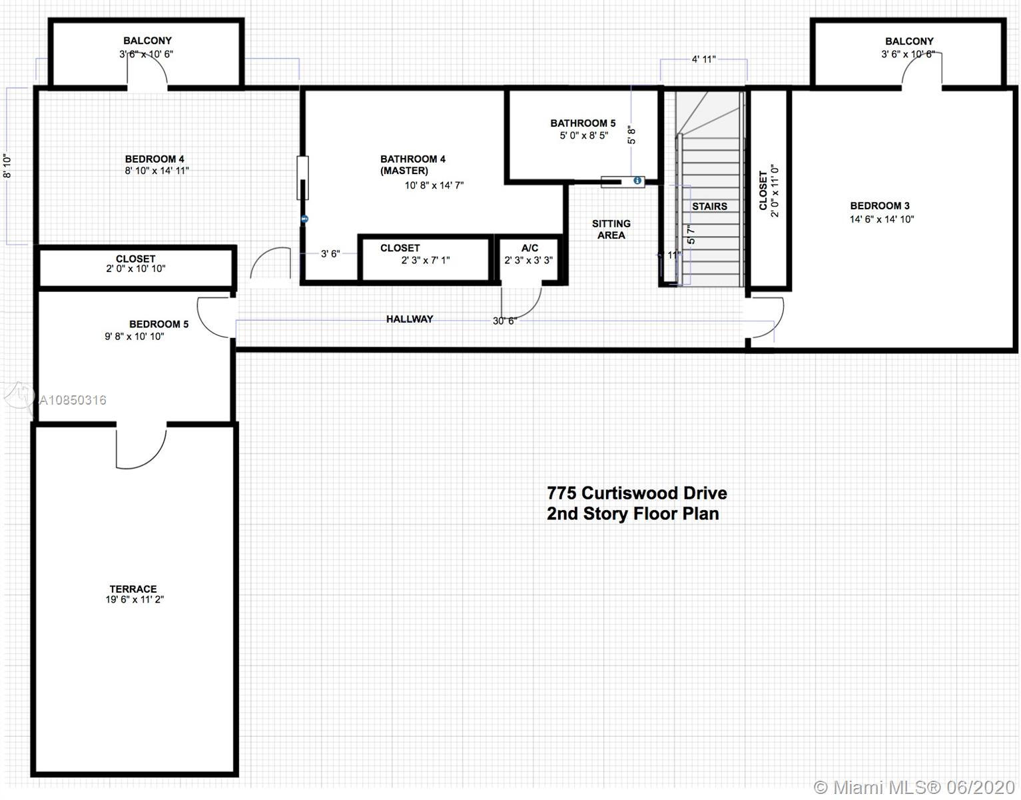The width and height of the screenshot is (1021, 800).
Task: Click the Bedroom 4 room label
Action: click(x=155, y=159)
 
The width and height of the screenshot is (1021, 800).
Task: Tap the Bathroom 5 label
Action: click(x=583, y=123)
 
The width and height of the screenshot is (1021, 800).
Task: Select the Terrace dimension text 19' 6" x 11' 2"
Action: click(x=135, y=599)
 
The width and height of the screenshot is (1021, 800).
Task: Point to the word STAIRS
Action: click(x=709, y=207)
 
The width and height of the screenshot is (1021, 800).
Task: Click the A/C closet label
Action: click(x=529, y=248)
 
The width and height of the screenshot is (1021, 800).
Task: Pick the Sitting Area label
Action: click(x=611, y=229)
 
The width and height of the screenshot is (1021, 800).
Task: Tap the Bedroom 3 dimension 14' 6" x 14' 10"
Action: click(x=882, y=219)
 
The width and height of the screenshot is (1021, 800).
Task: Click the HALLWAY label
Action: click(x=410, y=319)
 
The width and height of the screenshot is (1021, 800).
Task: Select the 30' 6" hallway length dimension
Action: click(x=505, y=321)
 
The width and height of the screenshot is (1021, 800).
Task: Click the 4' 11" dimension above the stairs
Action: click(x=704, y=59)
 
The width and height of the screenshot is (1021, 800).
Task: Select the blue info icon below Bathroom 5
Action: click(x=637, y=181)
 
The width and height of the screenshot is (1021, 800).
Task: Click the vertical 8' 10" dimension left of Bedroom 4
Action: click(x=7, y=166)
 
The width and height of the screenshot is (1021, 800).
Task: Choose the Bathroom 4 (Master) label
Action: click(x=412, y=165)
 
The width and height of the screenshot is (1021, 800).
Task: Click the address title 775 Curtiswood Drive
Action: click(x=637, y=493)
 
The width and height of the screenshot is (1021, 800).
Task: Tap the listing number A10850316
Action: click(x=73, y=400)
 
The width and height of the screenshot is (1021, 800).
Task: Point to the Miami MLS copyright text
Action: click(x=914, y=787)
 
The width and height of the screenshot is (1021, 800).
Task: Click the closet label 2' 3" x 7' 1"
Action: click(x=425, y=260)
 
